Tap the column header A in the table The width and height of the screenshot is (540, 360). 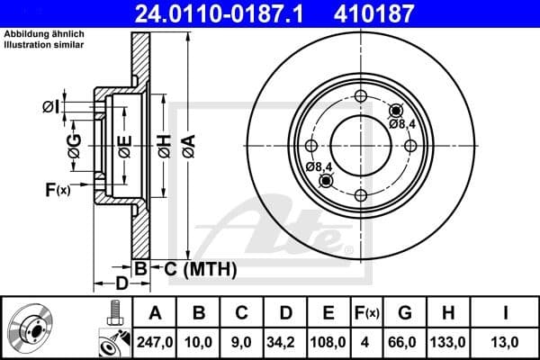pos(154,313)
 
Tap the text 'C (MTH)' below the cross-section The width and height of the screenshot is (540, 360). pos(194,268)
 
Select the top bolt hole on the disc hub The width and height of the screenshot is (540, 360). pos(360,97)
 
